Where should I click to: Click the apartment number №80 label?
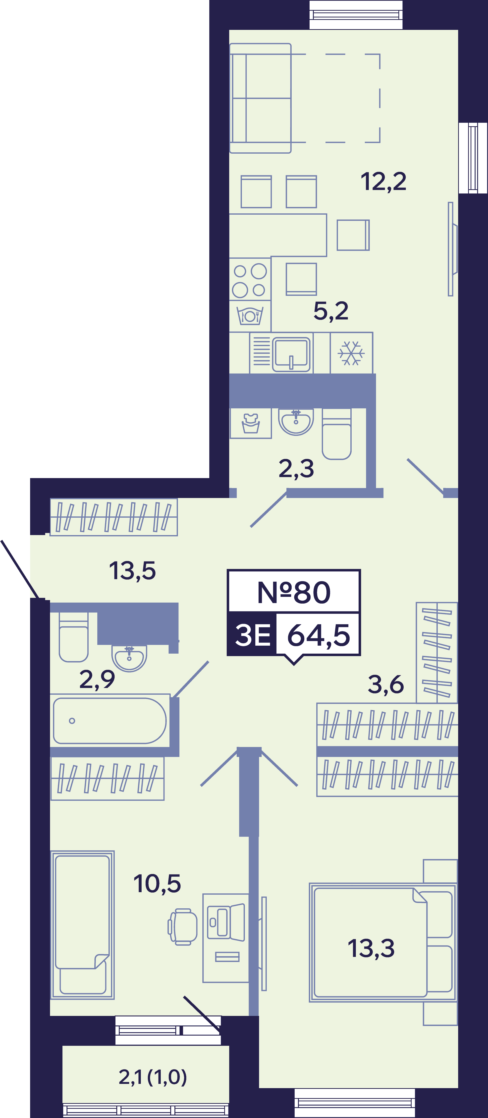[x=294, y=592]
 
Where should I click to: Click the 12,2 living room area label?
[x=383, y=182]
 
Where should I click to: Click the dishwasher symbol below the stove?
[x=250, y=315]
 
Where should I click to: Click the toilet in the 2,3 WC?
[x=337, y=434]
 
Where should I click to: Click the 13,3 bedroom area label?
[x=371, y=948]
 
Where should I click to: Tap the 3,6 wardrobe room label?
[x=386, y=684]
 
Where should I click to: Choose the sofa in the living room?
[x=260, y=98]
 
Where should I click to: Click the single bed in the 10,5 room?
[x=82, y=925]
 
